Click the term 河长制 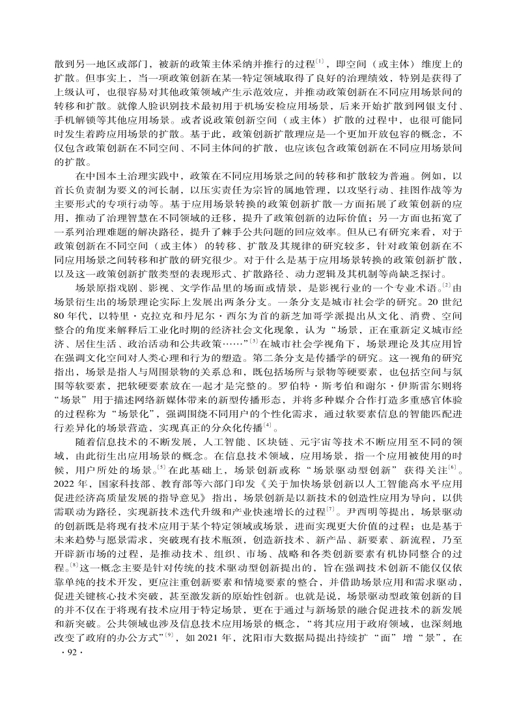pyautogui.click(x=152, y=191)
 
